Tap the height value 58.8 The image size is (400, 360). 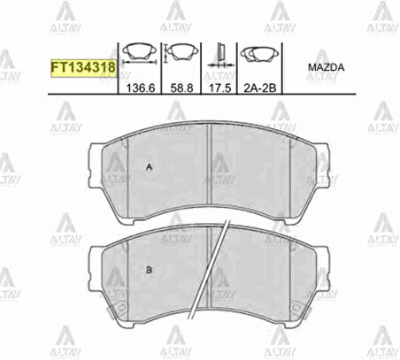pos(181,89)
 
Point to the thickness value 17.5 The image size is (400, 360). pos(219,89)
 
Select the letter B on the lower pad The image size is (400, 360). pos(148,270)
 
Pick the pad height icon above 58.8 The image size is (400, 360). pos(181,56)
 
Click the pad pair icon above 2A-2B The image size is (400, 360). pos(260,56)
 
